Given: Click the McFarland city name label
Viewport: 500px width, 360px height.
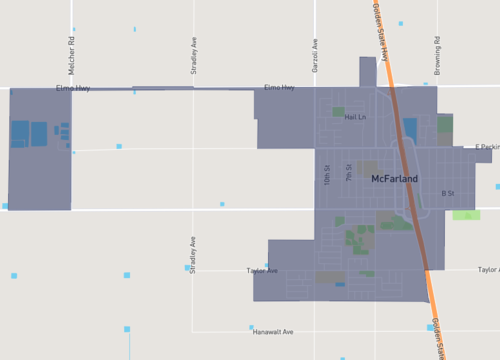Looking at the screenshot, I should (x=394, y=179).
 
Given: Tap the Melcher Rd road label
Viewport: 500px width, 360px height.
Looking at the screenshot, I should (x=72, y=50).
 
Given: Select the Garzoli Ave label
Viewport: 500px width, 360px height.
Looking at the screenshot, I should (x=314, y=52).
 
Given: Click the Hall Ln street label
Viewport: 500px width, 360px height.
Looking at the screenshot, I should (x=355, y=117).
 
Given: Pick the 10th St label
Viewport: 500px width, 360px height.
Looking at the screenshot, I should (x=327, y=174).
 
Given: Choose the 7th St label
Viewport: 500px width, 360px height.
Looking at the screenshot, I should (x=349, y=172).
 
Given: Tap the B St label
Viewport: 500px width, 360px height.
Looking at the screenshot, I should (x=447, y=193).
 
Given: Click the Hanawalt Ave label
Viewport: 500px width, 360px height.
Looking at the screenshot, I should (x=272, y=331).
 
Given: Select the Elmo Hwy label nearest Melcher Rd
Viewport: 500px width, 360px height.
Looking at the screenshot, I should (x=73, y=88).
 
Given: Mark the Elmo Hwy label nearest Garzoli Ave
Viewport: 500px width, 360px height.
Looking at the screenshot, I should (x=279, y=88).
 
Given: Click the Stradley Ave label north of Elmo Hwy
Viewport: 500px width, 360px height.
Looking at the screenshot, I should (x=194, y=56).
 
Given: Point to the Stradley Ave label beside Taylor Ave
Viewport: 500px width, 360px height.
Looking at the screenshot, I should (x=193, y=256).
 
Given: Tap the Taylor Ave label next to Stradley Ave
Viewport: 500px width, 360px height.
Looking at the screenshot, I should (x=262, y=271).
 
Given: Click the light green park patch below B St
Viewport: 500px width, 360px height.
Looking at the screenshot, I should (x=466, y=215).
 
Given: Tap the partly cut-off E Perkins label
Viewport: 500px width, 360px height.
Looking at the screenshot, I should (x=486, y=147).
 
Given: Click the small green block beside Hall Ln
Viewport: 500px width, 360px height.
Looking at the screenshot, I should (x=338, y=112).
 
